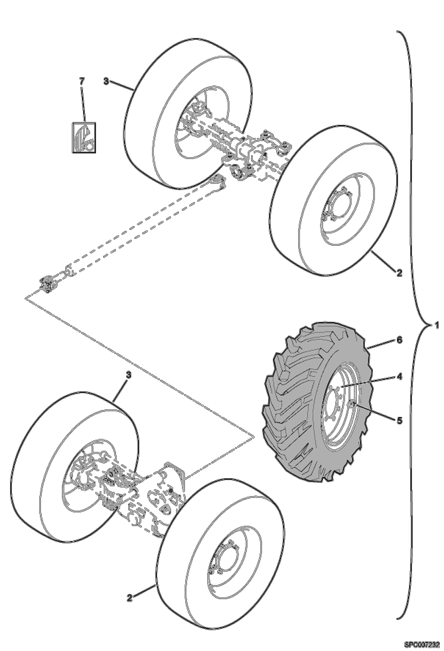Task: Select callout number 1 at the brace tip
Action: coord(436,325)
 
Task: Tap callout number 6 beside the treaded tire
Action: coord(400,340)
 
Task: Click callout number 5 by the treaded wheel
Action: coord(400,420)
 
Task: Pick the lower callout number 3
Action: coord(128,375)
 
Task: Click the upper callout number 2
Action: coord(399,273)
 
